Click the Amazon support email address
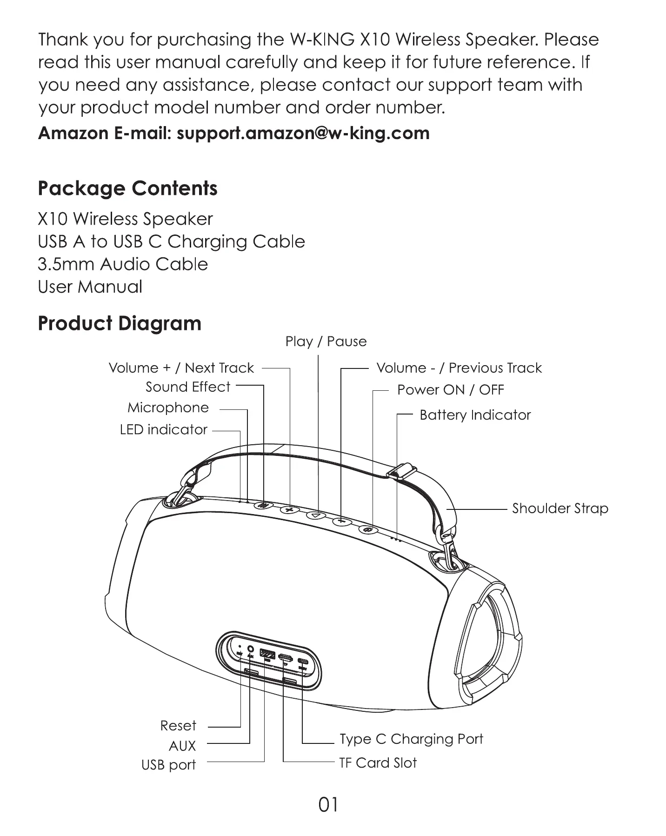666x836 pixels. click(x=303, y=134)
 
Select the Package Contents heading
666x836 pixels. click(x=127, y=188)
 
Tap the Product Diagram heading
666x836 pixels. click(x=120, y=323)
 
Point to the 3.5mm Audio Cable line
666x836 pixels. click(x=123, y=264)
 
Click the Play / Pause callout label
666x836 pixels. click(x=326, y=341)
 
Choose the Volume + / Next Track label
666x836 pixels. click(x=181, y=368)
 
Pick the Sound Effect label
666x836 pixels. click(x=188, y=387)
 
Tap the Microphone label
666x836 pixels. click(x=168, y=408)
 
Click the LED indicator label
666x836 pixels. click(x=163, y=429)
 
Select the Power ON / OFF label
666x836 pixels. click(x=450, y=390)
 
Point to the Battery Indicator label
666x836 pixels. click(x=475, y=415)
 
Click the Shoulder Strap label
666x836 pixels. click(x=560, y=508)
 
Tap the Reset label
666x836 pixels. click(x=178, y=726)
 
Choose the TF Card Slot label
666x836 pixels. click(x=378, y=763)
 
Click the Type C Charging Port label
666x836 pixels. click(x=411, y=739)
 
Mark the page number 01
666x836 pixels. click(x=328, y=804)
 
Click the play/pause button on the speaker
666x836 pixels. click(x=316, y=515)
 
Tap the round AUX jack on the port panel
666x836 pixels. click(x=251, y=649)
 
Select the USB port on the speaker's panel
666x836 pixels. click(x=267, y=654)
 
